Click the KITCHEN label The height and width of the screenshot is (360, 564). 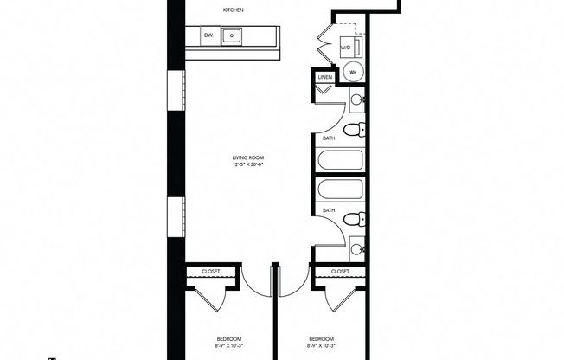click(x=234, y=10)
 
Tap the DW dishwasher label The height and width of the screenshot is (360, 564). click(x=208, y=35)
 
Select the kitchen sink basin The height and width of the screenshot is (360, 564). click(x=232, y=36)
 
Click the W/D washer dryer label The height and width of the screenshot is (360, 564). click(x=344, y=48)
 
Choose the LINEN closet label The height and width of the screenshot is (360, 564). click(x=325, y=78)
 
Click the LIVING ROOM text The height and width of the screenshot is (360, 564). click(x=247, y=157)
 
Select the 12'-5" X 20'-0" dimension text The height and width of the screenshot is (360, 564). click(x=247, y=164)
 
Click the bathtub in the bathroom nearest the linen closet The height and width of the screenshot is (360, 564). click(x=342, y=162)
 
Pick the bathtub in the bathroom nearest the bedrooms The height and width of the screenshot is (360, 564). click(x=342, y=189)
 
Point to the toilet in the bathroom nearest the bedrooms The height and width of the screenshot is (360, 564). click(x=353, y=220)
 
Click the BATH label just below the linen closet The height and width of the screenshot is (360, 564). click(x=329, y=138)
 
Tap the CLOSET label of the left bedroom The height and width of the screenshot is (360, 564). click(x=211, y=271)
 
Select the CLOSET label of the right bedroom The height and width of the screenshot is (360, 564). click(x=340, y=271)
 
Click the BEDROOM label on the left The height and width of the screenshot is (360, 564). click(x=229, y=337)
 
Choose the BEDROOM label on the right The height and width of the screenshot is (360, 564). click(x=322, y=337)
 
